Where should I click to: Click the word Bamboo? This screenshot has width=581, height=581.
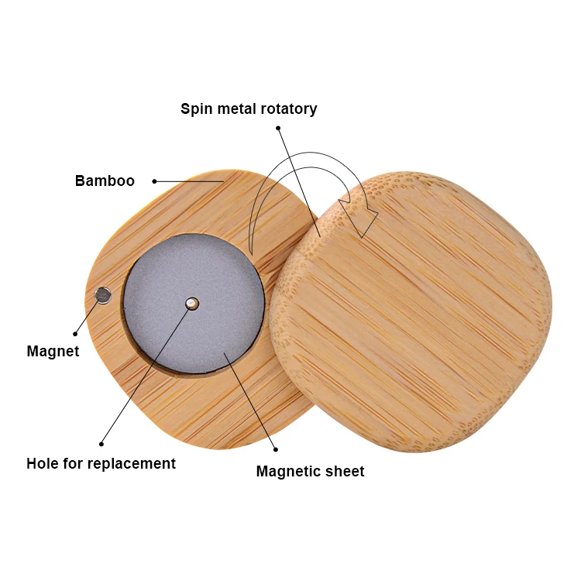tap(105, 181)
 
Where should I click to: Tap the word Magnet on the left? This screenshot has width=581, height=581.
tap(53, 351)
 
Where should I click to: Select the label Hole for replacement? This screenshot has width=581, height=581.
tap(101, 464)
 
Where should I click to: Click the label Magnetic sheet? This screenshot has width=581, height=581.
tap(310, 471)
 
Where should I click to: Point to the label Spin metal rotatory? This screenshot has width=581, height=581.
tap(249, 108)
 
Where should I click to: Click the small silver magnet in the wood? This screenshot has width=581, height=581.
tap(102, 294)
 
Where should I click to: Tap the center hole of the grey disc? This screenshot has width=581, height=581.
tap(192, 303)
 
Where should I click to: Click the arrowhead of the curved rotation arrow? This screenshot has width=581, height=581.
tap(363, 221)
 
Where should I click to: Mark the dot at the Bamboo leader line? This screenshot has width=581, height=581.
tap(154, 181)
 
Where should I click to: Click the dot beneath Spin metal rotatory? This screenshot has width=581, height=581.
tap(278, 128)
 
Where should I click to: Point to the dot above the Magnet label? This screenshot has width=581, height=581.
tap(75, 334)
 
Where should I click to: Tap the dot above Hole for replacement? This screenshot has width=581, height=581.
tap(101, 444)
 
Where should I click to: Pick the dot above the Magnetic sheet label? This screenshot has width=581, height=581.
tap(276, 449)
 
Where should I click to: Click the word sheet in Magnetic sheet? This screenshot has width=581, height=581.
tap(346, 471)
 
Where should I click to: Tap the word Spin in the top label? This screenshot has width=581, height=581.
tap(195, 108)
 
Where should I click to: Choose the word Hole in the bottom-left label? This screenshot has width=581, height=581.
tap(42, 464)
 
